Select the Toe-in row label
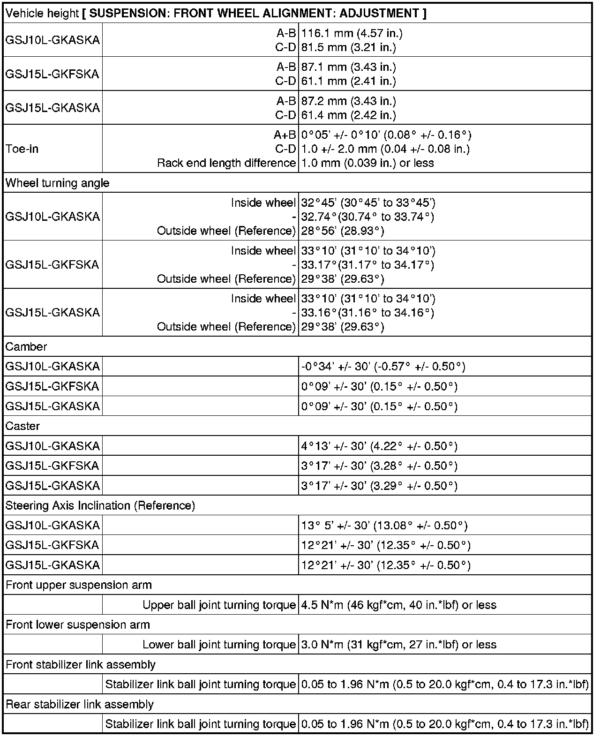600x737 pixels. coord(22,149)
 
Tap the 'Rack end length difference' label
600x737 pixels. coord(226,163)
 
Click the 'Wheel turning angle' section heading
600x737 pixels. coord(57,183)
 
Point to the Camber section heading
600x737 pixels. coord(26,346)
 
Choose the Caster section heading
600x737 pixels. coord(22,426)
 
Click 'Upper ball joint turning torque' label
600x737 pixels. coord(219,605)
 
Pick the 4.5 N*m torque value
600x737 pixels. coord(398,605)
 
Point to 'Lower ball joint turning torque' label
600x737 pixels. coord(219,645)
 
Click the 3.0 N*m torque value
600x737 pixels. coord(398,645)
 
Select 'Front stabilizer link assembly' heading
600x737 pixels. coord(80,664)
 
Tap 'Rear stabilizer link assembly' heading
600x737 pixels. coord(79,704)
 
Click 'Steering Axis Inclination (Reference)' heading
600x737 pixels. coord(100,505)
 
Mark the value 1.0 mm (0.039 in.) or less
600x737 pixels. coord(367,163)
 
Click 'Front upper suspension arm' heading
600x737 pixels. coord(78,585)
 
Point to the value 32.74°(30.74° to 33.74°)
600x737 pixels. coord(367,217)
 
